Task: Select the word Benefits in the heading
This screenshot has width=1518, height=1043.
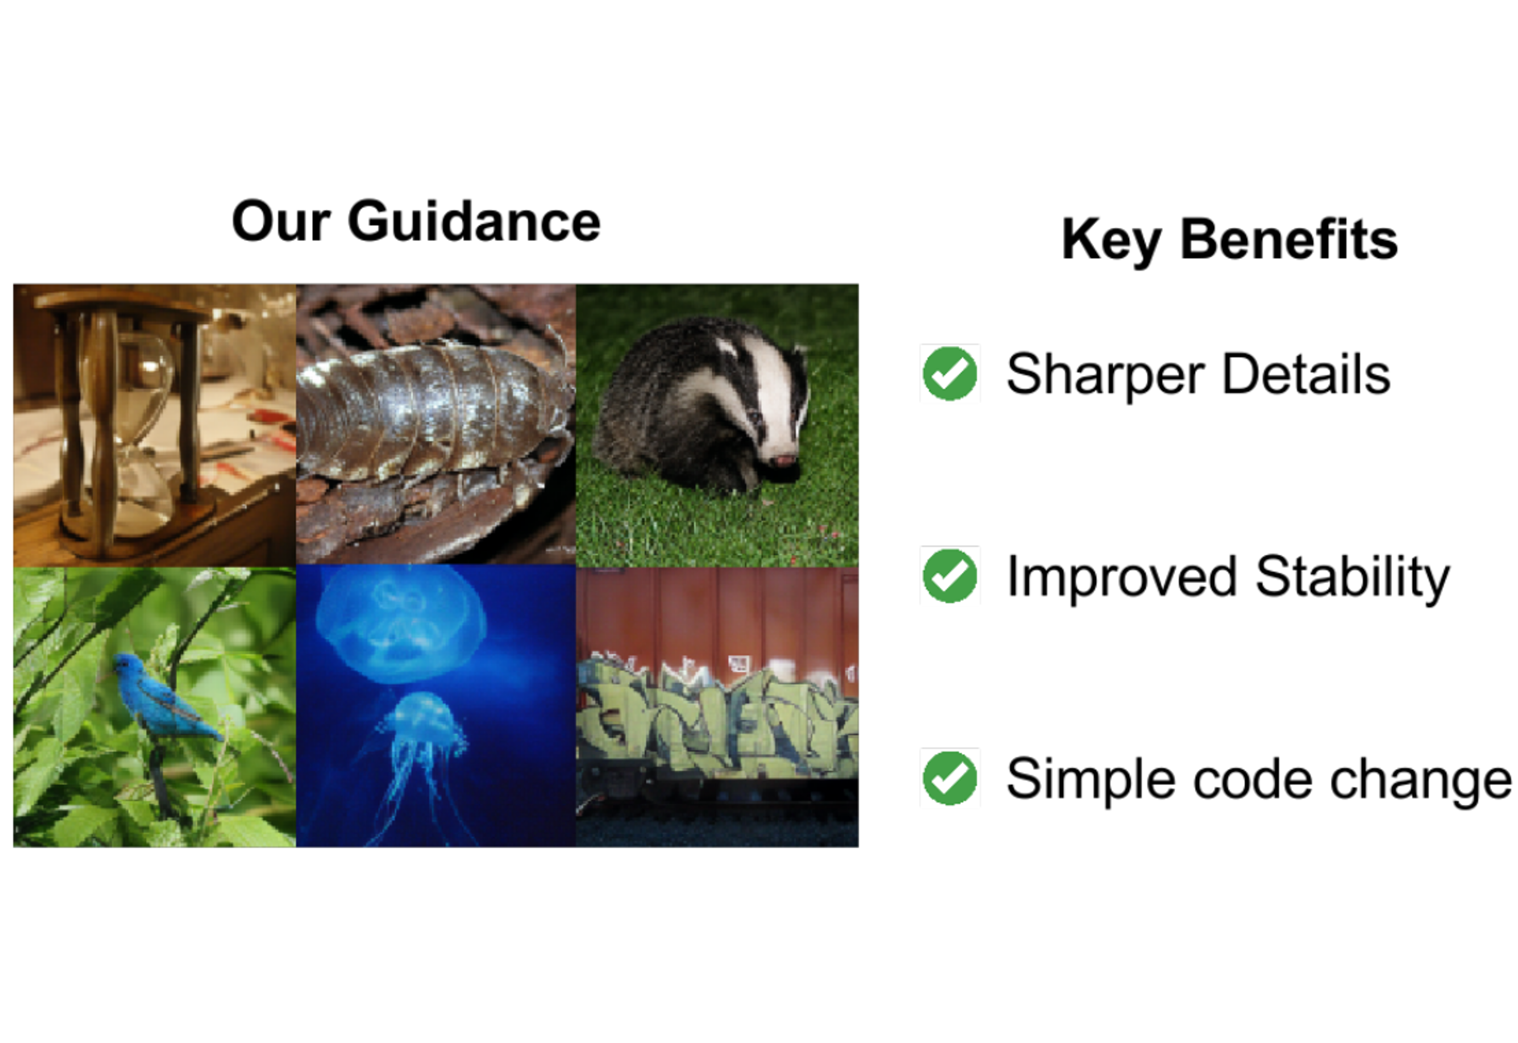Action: coord(1289,239)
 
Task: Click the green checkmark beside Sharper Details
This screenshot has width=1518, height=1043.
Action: coord(950,373)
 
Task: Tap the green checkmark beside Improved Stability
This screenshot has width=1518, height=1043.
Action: coord(950,576)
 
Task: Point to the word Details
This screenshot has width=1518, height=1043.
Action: coord(1306,373)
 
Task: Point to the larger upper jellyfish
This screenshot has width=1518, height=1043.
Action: coord(400,624)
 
